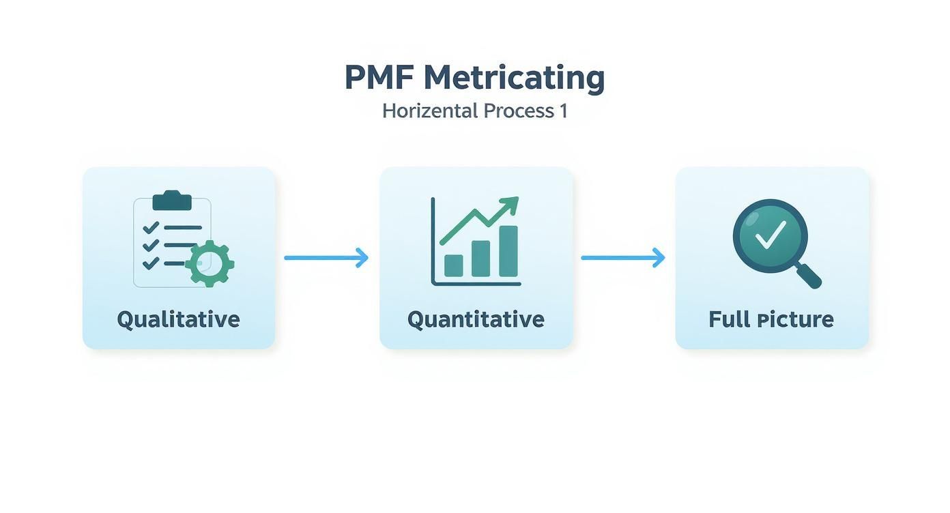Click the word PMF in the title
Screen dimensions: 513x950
point(379,78)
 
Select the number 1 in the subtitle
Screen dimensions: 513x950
point(563,111)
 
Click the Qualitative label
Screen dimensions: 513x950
point(178,319)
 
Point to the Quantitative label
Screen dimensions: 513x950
point(476,319)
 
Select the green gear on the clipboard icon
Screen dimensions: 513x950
point(210,263)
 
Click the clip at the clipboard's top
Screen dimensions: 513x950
point(172,201)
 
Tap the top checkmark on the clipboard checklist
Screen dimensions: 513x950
point(151,228)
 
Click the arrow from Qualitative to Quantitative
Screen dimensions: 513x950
point(326,258)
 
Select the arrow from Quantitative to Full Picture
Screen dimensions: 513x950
point(622,258)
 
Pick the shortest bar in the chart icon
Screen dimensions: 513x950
point(454,265)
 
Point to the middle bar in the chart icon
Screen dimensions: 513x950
point(480,259)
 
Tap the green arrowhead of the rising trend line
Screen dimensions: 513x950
point(510,204)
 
